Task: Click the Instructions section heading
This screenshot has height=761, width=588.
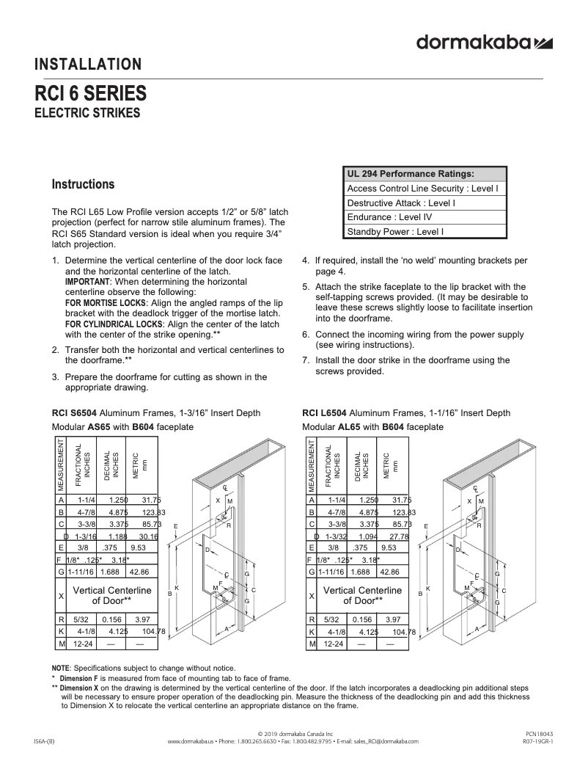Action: pos(83,184)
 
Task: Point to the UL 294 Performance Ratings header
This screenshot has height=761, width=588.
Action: pos(411,174)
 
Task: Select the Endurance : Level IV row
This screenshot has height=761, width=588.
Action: pos(389,217)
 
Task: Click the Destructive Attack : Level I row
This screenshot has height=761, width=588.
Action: pos(401,203)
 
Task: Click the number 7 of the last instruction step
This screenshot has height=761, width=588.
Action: pos(306,360)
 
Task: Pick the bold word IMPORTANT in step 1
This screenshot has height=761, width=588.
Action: pos(87,282)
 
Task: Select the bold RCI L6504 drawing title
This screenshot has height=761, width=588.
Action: pos(326,413)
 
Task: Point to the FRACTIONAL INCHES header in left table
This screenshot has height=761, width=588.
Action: pos(82,466)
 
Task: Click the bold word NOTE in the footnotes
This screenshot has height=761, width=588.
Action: pos(60,668)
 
